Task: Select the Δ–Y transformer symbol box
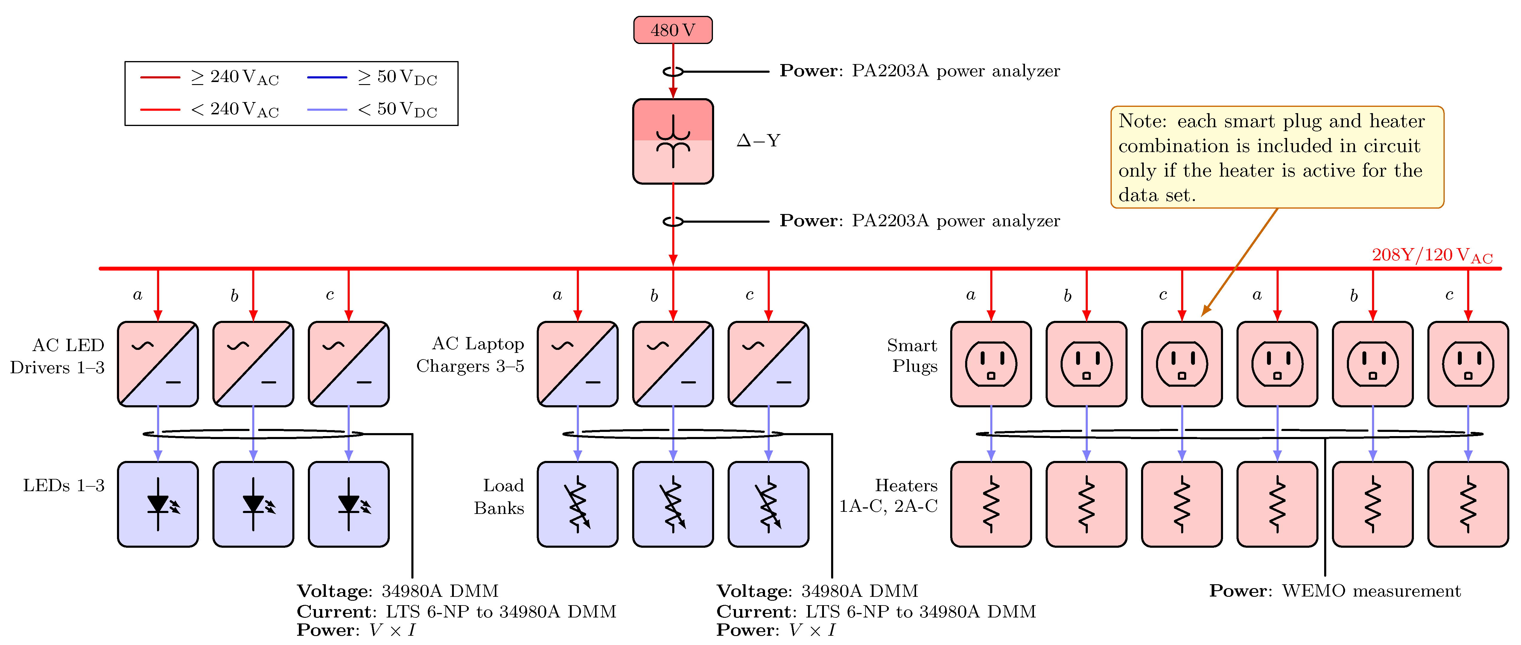pyautogui.click(x=673, y=141)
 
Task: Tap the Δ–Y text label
pyautogui.click(x=758, y=141)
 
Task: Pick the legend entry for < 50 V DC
pyautogui.click(x=372, y=109)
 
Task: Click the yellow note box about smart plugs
pyautogui.click(x=1277, y=157)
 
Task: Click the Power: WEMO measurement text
pyautogui.click(x=1334, y=591)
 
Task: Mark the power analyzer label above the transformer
pyautogui.click(x=919, y=71)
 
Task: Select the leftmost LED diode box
pyautogui.click(x=158, y=504)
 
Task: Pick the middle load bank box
pyautogui.click(x=673, y=504)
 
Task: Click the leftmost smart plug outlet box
pyautogui.click(x=991, y=364)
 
